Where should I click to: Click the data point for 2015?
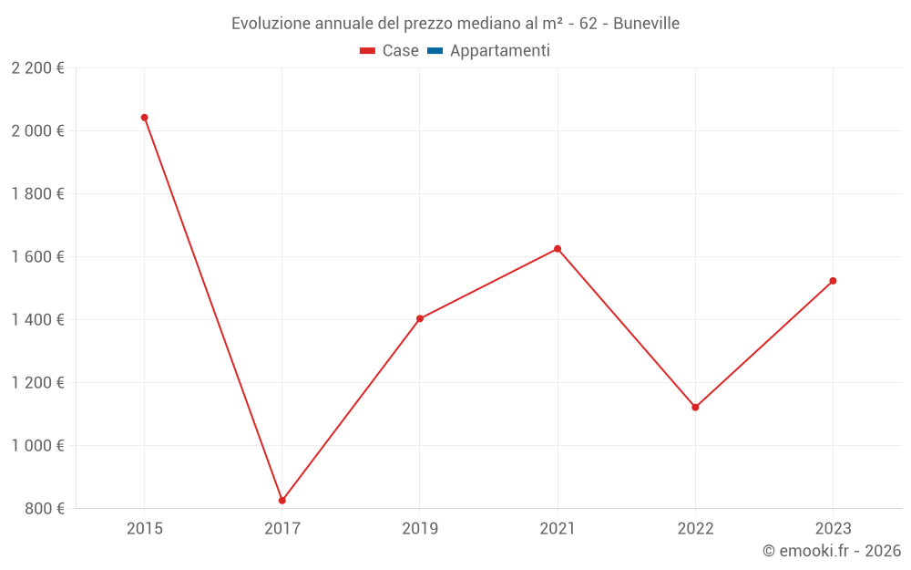(144, 118)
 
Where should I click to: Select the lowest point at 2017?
(282, 501)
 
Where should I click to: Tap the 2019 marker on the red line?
(420, 319)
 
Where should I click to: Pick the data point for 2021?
(558, 249)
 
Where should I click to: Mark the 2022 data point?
(695, 408)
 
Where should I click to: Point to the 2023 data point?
(833, 281)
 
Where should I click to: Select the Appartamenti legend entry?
(499, 51)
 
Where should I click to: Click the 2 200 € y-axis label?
(37, 67)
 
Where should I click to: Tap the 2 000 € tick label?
(37, 130)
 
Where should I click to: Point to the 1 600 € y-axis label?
(37, 256)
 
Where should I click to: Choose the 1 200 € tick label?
(37, 382)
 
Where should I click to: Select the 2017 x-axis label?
(282, 529)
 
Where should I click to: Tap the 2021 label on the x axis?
(558, 529)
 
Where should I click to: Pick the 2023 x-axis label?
(833, 529)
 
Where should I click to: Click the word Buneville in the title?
(646, 24)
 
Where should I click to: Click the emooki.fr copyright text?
(832, 551)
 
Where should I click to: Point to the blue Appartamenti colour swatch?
(435, 51)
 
